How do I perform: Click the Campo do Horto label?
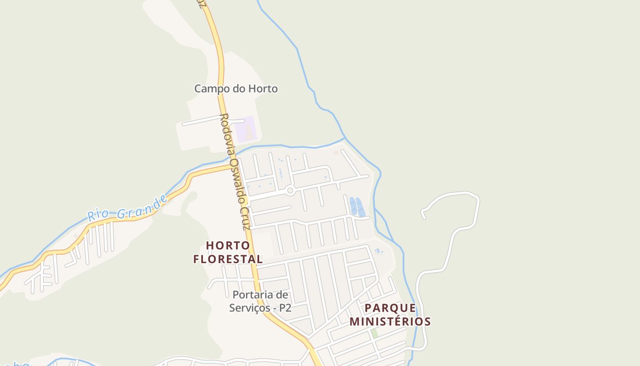click(x=236, y=89)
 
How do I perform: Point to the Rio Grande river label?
click(x=128, y=208)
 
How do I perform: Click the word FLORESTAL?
click(x=228, y=259)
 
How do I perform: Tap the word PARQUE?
click(x=390, y=307)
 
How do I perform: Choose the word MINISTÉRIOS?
click(x=390, y=322)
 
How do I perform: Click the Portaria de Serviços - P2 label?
click(x=261, y=301)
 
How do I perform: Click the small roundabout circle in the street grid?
click(x=290, y=191)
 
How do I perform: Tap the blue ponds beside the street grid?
click(x=357, y=206)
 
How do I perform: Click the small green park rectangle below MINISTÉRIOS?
click(x=374, y=334)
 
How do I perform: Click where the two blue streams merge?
click(x=345, y=138)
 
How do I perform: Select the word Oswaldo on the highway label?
click(x=237, y=176)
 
